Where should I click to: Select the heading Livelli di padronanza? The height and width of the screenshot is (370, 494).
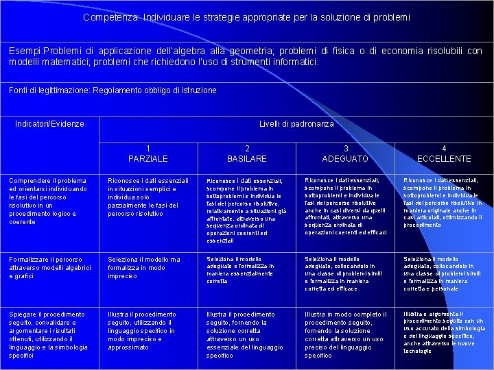click(x=296, y=124)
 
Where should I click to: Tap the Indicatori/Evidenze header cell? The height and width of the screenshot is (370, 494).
click(x=49, y=124)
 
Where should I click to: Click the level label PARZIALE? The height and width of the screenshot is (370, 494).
click(x=148, y=158)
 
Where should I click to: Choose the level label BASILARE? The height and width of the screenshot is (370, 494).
click(x=247, y=158)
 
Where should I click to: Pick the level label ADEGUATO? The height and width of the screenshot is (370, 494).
click(x=346, y=158)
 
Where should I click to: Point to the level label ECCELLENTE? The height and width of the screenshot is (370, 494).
click(x=444, y=158)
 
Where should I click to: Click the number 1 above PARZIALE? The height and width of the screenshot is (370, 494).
click(x=148, y=148)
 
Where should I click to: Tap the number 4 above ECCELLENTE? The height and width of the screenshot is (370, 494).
click(x=444, y=148)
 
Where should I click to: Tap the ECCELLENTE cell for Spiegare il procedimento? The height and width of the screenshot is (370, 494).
click(x=443, y=332)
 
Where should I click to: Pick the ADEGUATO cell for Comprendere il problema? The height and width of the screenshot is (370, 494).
click(x=346, y=206)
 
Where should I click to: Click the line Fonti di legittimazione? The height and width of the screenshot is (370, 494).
click(x=113, y=90)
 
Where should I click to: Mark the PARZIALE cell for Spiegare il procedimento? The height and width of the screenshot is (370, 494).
click(x=142, y=331)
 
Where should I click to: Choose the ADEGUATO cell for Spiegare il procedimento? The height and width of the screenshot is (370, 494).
click(x=346, y=335)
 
